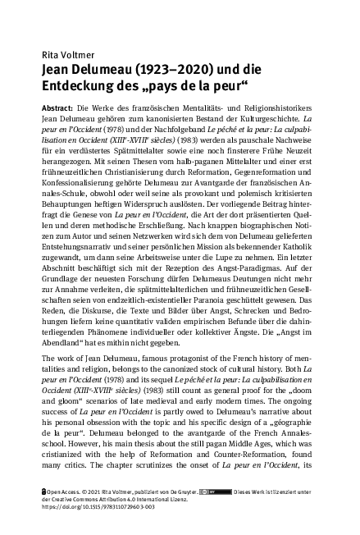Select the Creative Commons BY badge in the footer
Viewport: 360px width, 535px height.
click(220, 513)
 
